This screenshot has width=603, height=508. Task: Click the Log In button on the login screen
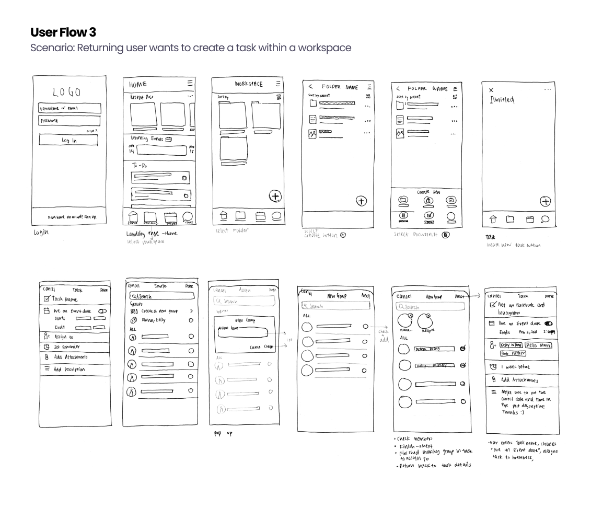pos(68,140)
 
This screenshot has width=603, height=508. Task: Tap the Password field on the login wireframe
pos(69,121)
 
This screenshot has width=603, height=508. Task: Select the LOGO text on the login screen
pos(66,93)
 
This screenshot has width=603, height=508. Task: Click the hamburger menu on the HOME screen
pos(190,83)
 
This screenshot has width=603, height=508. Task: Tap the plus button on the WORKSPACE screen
pos(275,196)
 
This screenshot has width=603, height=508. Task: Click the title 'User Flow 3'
pos(63,32)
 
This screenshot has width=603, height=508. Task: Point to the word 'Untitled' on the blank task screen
pos(502,100)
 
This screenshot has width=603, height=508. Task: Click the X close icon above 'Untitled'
pos(491,90)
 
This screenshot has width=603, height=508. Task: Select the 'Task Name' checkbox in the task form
pos(47,299)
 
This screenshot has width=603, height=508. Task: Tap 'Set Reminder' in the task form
pos(67,347)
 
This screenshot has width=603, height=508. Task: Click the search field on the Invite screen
pos(162,296)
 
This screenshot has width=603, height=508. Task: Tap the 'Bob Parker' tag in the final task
pos(513,353)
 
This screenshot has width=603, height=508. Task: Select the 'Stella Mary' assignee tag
pos(538,345)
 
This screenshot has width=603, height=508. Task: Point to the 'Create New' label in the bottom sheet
pos(428,192)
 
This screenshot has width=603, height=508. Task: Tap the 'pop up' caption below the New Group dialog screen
pos(223,433)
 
